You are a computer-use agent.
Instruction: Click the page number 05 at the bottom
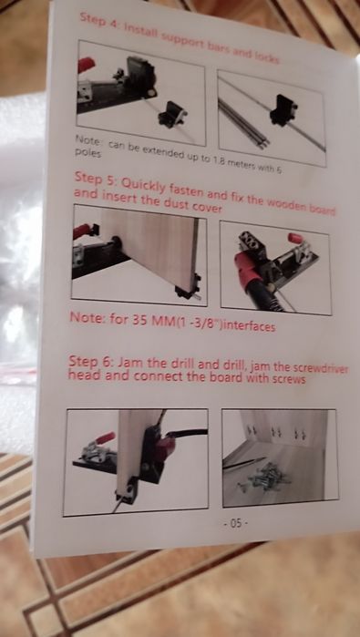(236, 523)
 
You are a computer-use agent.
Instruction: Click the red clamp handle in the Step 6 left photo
(105, 438)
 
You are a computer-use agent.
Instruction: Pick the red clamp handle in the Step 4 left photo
(86, 64)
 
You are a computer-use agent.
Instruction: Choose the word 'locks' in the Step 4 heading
(266, 58)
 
